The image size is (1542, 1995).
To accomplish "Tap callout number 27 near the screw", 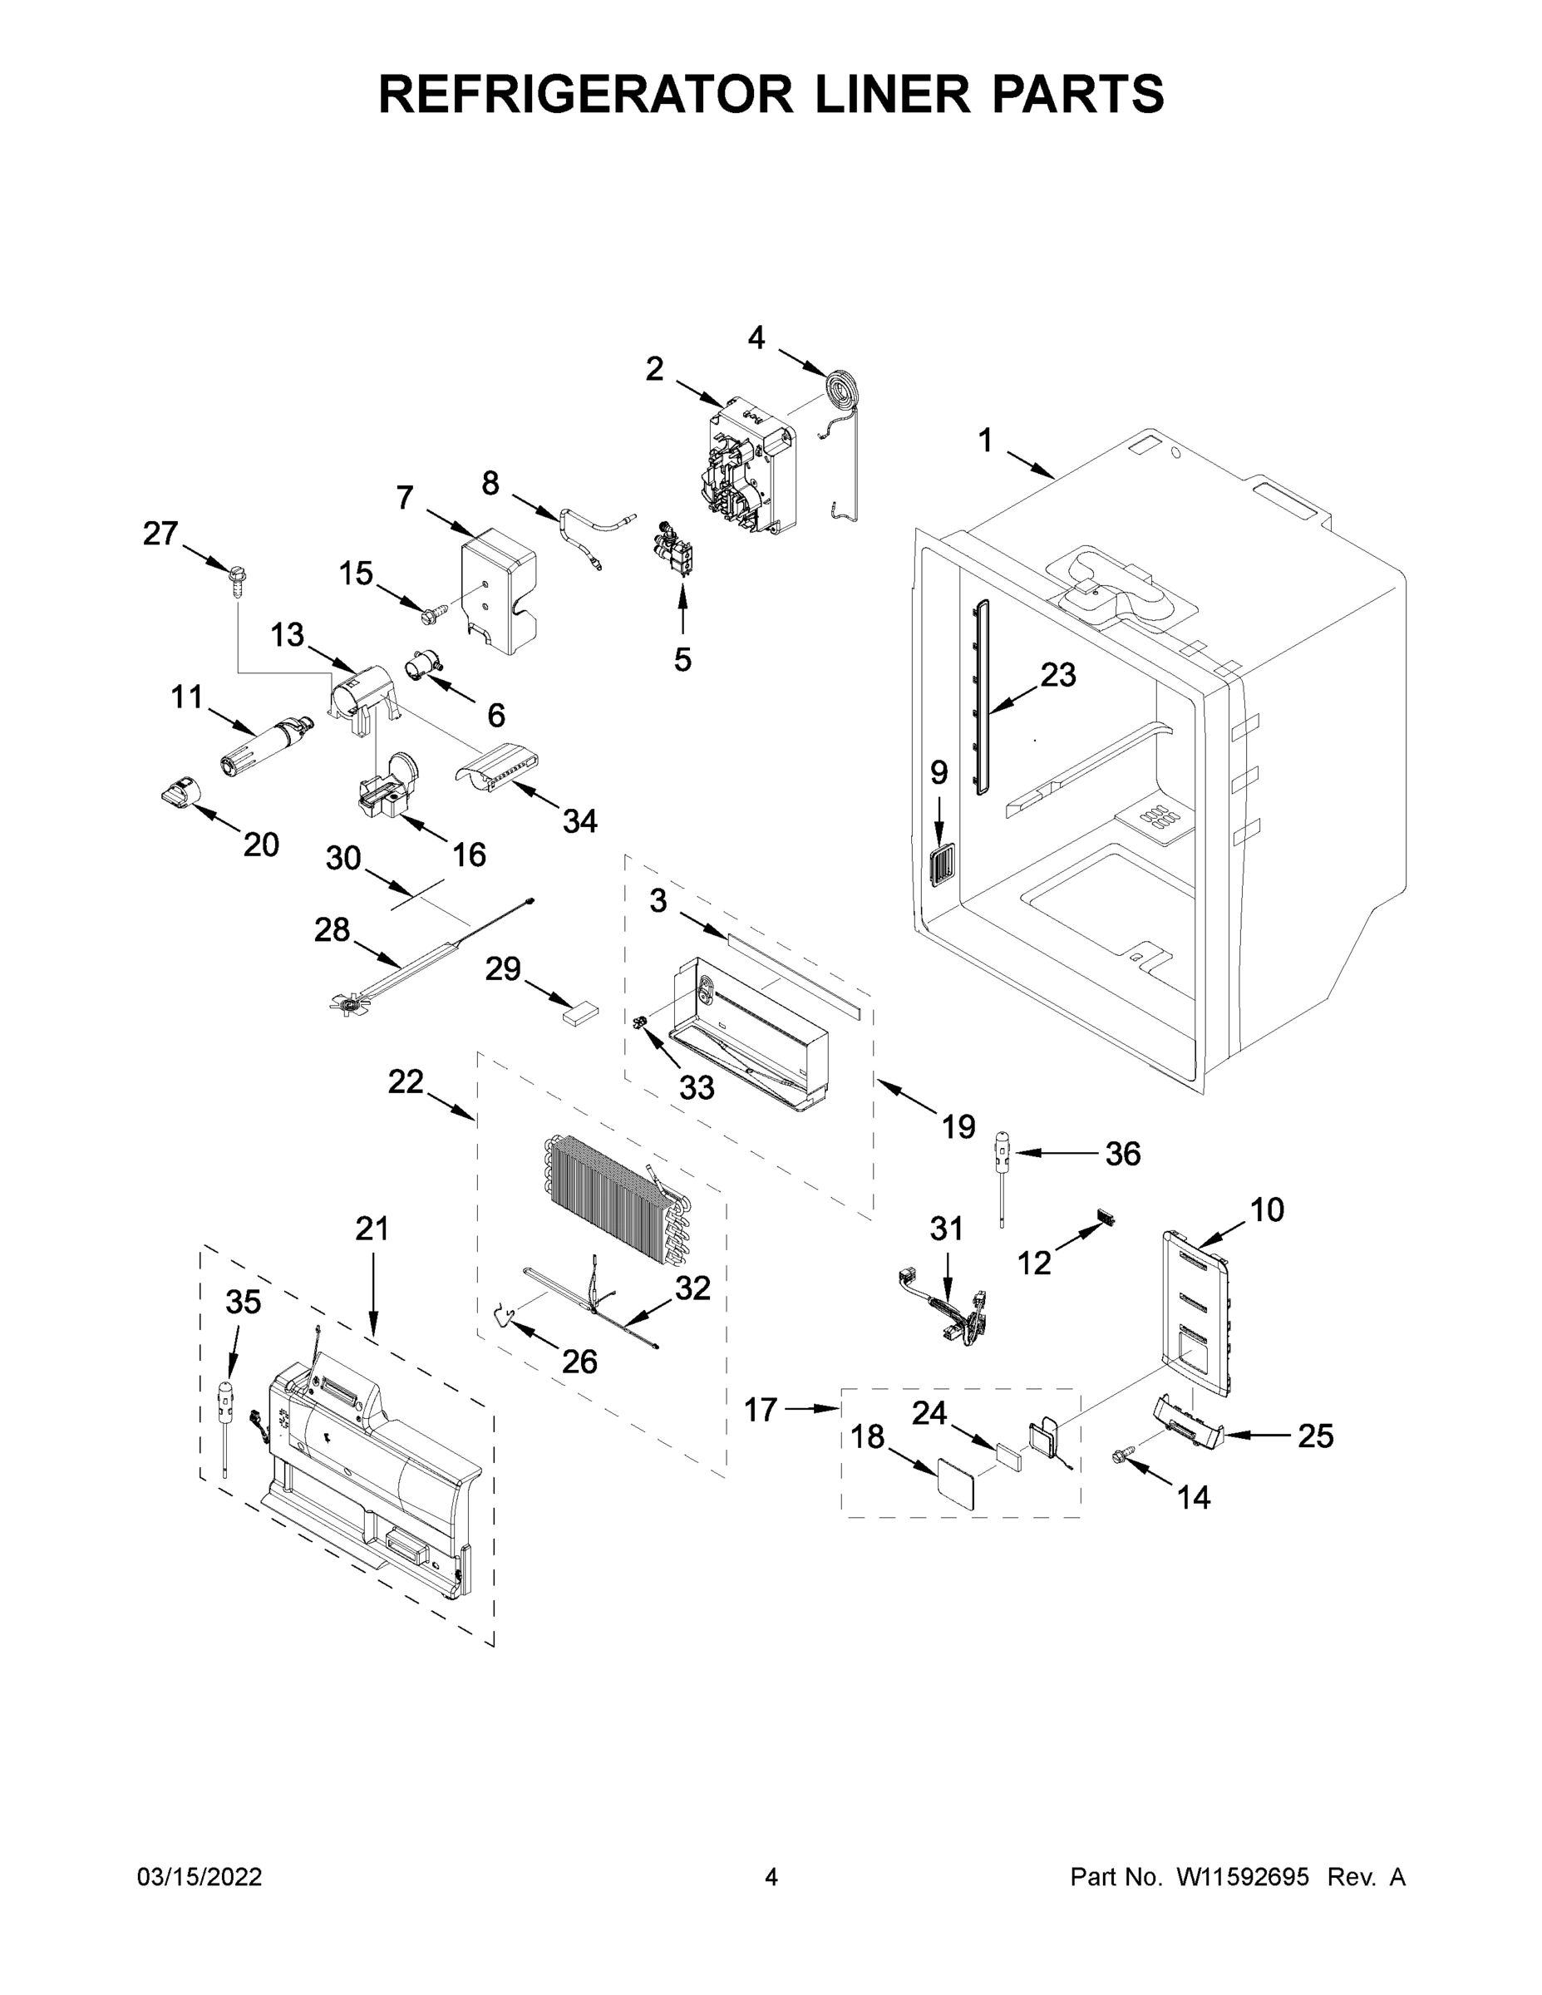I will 160,534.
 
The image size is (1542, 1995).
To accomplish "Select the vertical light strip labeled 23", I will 982,698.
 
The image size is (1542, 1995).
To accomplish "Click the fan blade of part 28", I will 348,1005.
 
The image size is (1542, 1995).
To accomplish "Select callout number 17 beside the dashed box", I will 760,1410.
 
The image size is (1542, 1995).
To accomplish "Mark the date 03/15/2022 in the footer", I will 200,1877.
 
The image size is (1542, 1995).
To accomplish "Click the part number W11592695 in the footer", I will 1243,1877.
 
